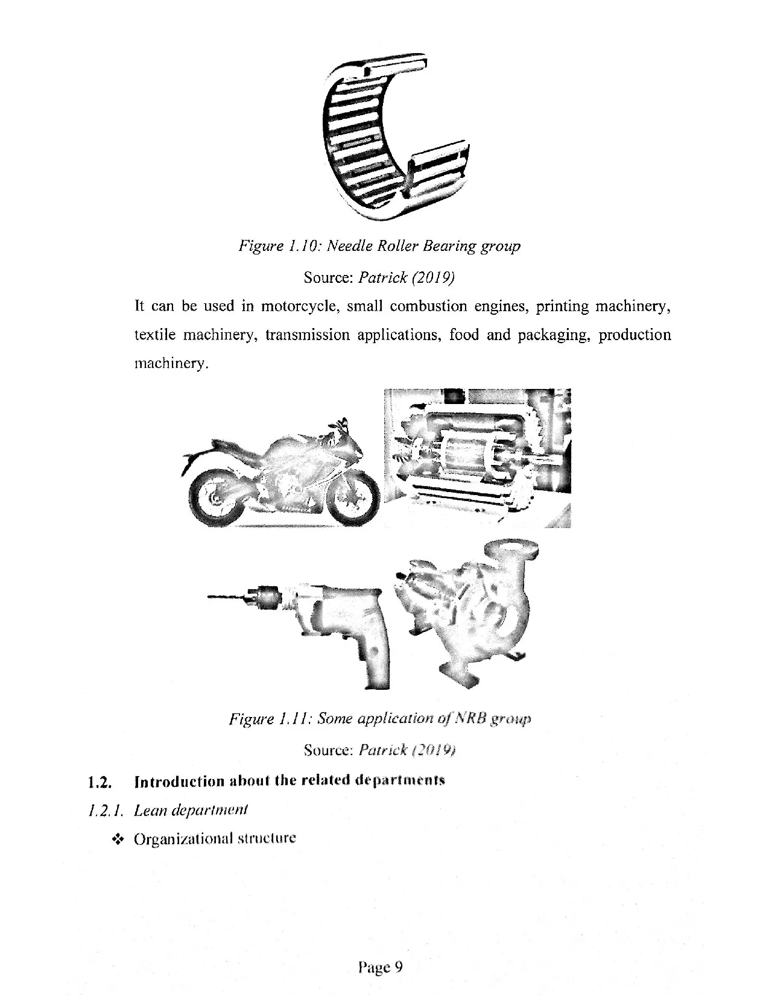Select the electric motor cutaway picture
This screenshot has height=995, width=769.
[476, 458]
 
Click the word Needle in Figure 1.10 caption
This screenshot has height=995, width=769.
[350, 246]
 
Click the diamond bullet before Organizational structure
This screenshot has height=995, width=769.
[118, 839]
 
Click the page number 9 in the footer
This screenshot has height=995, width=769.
[398, 967]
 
